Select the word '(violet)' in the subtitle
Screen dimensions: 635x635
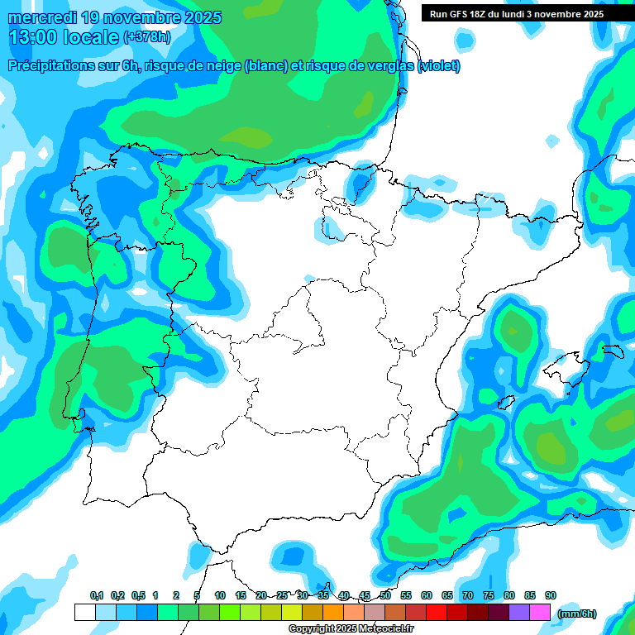click(439, 66)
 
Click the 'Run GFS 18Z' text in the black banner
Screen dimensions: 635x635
click(458, 14)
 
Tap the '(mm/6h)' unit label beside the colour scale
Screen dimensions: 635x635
click(577, 613)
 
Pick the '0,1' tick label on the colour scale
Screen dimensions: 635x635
click(97, 596)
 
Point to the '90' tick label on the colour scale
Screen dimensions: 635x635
click(551, 596)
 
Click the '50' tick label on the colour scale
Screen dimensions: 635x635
click(385, 596)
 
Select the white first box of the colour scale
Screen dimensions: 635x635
click(84, 613)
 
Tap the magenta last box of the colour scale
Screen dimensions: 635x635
click(540, 613)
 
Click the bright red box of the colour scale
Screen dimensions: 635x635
click(437, 613)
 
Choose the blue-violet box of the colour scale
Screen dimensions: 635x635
click(519, 613)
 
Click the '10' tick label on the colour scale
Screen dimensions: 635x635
click(220, 596)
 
